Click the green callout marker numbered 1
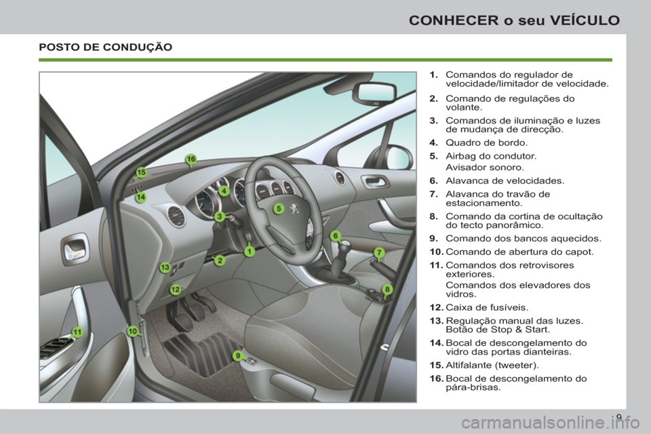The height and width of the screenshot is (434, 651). pyautogui.click(x=250, y=251)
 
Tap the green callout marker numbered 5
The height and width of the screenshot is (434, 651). pyautogui.click(x=278, y=209)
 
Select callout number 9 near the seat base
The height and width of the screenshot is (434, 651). pyautogui.click(x=237, y=355)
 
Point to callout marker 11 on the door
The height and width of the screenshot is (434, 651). pyautogui.click(x=77, y=332)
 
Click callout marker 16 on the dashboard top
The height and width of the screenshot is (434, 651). pyautogui.click(x=191, y=159)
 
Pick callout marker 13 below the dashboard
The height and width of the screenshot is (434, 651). pyautogui.click(x=165, y=268)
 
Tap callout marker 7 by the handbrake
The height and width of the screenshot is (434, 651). pyautogui.click(x=379, y=252)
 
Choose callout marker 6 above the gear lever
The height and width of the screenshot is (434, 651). pyautogui.click(x=335, y=235)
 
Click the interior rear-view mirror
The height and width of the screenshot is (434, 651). pyautogui.click(x=374, y=94)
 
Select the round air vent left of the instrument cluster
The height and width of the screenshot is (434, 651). pyautogui.click(x=176, y=216)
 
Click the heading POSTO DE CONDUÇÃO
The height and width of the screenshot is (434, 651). pyautogui.click(x=105, y=47)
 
